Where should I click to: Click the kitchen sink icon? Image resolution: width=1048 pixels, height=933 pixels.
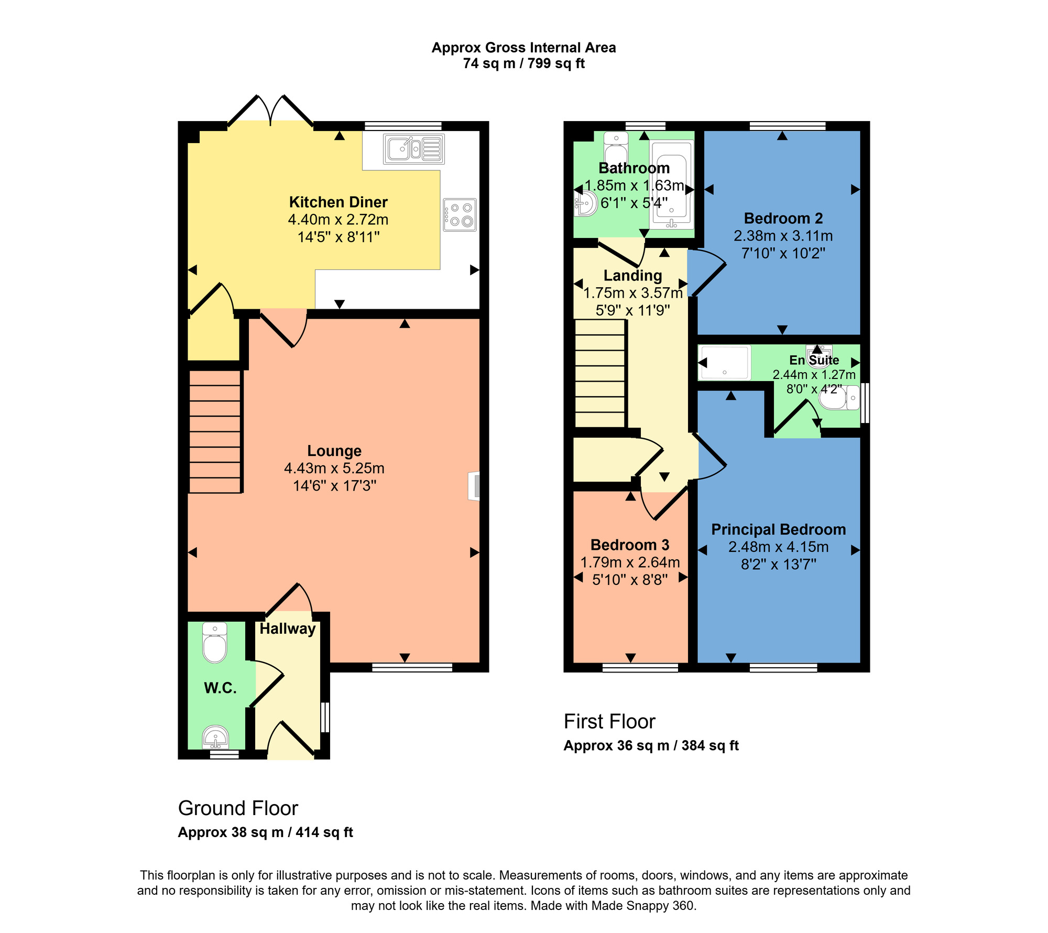413,149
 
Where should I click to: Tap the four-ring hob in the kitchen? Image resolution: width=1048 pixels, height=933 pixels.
460,215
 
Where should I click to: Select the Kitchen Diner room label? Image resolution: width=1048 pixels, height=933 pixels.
338,202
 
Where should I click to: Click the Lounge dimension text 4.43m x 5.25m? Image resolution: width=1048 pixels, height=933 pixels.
334,468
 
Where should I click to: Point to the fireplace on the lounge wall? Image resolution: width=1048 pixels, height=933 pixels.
475,486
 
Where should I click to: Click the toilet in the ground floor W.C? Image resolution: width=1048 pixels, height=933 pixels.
215,643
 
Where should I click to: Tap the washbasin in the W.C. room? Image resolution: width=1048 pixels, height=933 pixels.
215,738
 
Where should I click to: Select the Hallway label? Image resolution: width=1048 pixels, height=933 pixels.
288,629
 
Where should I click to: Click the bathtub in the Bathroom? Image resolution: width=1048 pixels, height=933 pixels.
672,185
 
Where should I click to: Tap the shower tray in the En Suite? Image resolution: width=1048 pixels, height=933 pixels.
724,362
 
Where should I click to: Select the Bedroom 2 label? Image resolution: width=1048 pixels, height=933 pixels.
783,219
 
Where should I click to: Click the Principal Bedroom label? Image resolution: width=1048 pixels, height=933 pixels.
778,530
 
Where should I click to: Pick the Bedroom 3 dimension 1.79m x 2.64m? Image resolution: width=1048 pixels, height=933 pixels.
630,562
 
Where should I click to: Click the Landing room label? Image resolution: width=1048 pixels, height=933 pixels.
632,276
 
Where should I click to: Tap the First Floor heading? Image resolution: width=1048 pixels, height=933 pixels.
609,722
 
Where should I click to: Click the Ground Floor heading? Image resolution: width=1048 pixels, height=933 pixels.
238,808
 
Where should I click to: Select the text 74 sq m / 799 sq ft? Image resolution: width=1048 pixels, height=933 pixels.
523,64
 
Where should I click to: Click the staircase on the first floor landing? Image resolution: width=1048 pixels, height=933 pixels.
600,373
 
